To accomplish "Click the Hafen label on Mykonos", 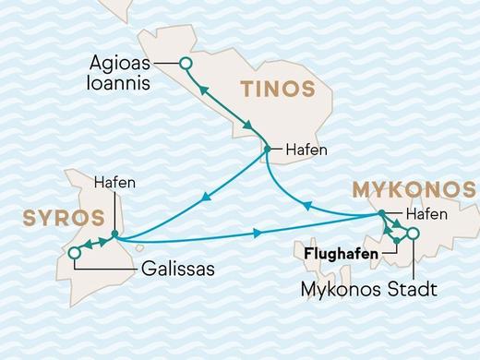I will tap(426, 214).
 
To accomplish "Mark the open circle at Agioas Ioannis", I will tap(185, 64).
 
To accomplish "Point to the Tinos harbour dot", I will tap(267, 149).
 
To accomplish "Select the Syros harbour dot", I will tap(114, 234).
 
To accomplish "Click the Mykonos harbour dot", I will tap(380, 215).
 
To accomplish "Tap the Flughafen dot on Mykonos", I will tap(395, 242).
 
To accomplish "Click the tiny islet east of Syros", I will tap(138, 246).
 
